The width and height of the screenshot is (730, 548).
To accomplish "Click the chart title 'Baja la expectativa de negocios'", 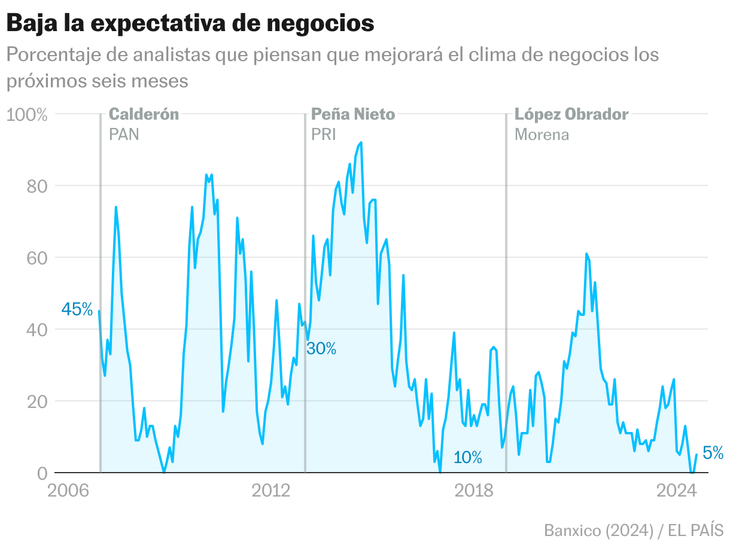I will pos(190,23).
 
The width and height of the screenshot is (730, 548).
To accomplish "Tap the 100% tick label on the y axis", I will pos(26,114).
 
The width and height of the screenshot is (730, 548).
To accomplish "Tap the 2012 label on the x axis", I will pos(271,491).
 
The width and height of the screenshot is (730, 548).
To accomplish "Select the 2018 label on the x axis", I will pos(474,491).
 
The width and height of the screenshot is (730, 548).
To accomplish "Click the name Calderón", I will pos(144,114).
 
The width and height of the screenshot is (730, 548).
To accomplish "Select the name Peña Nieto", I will pos(353,114).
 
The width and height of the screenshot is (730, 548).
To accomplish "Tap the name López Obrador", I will pos(571,114).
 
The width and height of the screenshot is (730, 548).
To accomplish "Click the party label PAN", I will pos(124,134).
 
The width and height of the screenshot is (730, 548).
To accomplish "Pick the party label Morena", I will pos(542,134).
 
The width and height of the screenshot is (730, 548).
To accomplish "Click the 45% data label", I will pos(77,310).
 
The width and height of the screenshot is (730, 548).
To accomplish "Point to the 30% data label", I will pos(321,348).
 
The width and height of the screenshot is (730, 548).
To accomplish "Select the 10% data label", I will pos(467,458).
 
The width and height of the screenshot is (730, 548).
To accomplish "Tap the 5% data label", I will pos(713,453).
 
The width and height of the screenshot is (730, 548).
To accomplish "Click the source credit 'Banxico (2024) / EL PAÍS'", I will pos(634,530).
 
